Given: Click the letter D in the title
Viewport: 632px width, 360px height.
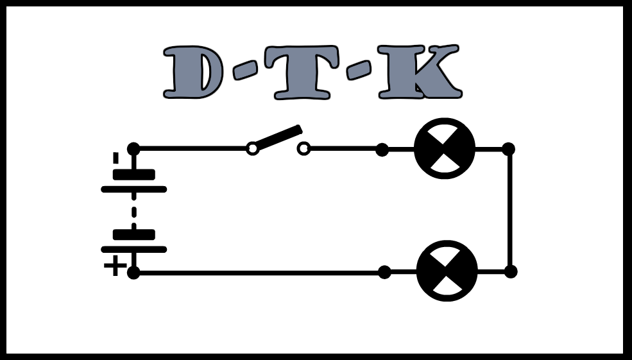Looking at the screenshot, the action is coord(192,73).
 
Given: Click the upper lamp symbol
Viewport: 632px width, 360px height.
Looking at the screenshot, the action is coord(445,149).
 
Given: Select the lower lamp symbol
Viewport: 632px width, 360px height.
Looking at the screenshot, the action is coord(447,271).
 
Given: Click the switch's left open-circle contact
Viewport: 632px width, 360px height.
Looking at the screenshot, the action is coord(253,149).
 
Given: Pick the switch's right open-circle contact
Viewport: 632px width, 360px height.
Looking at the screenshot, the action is coord(303,149).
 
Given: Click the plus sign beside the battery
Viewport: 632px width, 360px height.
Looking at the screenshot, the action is coord(115,266).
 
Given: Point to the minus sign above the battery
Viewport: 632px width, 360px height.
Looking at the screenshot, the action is coord(115,158).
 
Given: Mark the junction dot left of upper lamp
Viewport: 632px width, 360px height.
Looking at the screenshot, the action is coord(382,150).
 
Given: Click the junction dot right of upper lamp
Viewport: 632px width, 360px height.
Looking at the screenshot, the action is coord(508,149).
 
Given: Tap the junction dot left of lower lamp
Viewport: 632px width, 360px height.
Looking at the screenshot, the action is coord(384,272).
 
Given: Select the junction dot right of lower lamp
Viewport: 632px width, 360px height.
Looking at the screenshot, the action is coord(511,271).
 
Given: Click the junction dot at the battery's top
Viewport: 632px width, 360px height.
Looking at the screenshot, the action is coord(133,149).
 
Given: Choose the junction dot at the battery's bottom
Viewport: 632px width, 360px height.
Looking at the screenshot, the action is coord(133,273).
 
